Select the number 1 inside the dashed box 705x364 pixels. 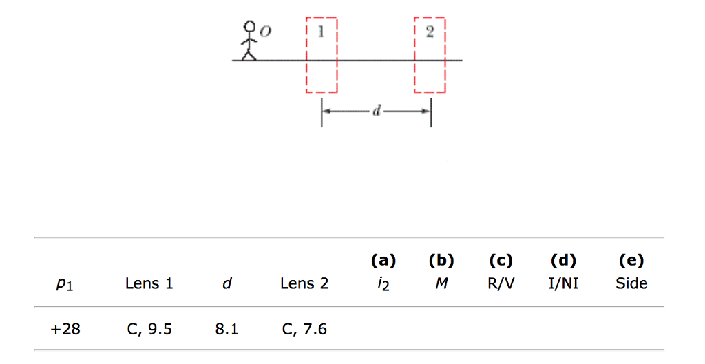pos(320,32)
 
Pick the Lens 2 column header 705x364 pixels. pos(304,283)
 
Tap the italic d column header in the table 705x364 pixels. pos(227,283)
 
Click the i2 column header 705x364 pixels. pos(383,284)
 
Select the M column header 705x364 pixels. pos(441,283)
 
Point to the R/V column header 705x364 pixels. pos(501,283)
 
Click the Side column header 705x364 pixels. pos(631,283)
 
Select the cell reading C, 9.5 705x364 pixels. pos(149,330)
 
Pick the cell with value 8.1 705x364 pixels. pos(227,329)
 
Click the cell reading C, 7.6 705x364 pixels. pos(304,330)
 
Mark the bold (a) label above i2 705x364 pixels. pos(383,261)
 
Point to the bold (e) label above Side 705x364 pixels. pos(631,261)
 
